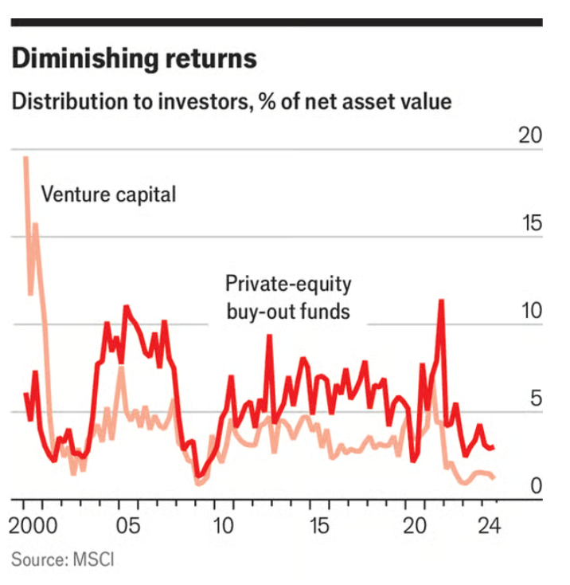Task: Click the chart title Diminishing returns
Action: pos(134,59)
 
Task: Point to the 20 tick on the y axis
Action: pos(529,135)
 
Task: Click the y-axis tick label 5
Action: pos(536,399)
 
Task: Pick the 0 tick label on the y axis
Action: pos(536,485)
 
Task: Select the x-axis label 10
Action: pos(224,527)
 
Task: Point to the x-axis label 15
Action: pos(318,527)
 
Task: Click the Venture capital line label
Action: pos(108,194)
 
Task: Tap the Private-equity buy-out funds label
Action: pos(287,297)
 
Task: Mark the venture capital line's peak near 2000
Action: pos(25,158)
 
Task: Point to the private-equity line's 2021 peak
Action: pos(440,300)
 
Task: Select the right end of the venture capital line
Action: pos(494,477)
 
